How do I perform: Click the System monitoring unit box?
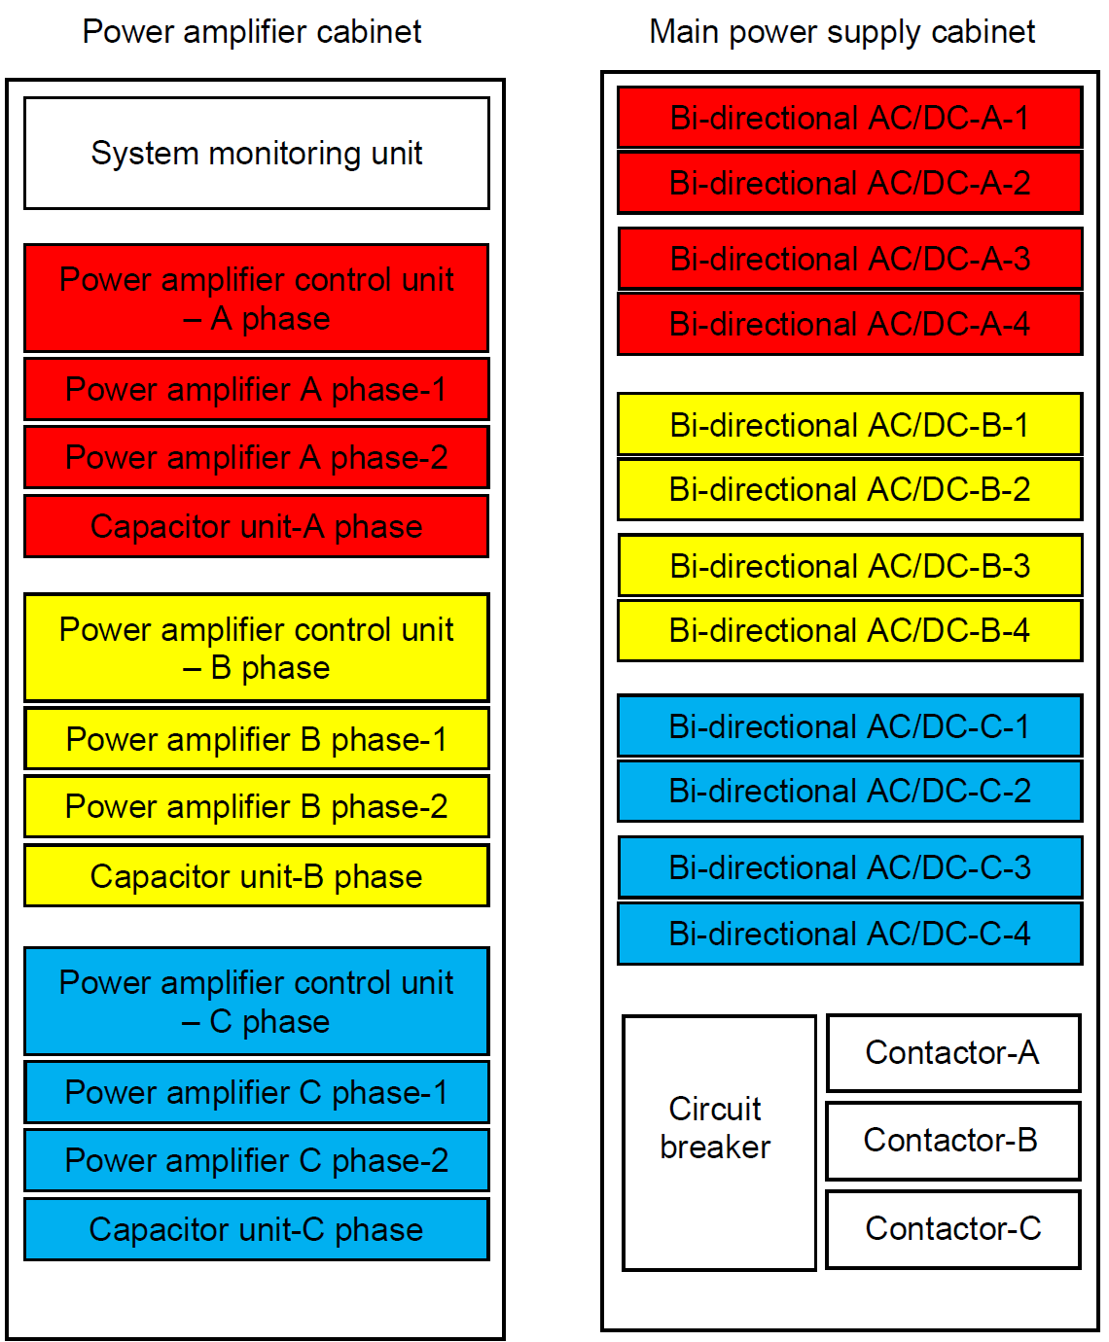click(257, 153)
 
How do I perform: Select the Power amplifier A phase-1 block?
click(257, 390)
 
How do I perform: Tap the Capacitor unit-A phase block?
click(257, 526)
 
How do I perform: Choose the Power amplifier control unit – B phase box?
click(257, 648)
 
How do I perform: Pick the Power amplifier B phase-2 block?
click(257, 806)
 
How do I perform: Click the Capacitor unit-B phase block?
click(257, 876)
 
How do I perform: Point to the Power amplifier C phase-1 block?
click(257, 1093)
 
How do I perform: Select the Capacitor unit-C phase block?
click(257, 1229)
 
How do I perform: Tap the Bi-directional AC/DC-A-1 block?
click(850, 118)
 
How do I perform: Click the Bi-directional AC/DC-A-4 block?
click(850, 324)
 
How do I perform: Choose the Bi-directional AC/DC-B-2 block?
click(850, 489)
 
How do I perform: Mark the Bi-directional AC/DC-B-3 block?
click(850, 566)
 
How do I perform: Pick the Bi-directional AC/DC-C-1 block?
click(850, 726)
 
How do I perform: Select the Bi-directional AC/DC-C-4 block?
click(850, 934)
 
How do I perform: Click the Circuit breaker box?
click(720, 1143)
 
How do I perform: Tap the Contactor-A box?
click(953, 1053)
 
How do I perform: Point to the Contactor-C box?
click(953, 1229)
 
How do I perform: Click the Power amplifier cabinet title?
click(252, 31)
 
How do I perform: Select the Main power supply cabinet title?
click(842, 32)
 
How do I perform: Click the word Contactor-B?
click(950, 1140)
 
